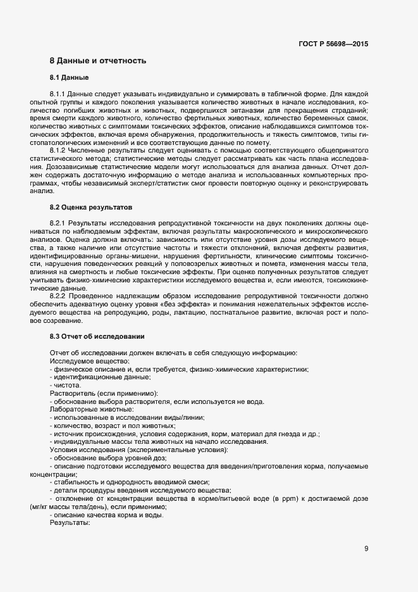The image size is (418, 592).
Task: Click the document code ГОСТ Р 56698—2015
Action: coord(333,44)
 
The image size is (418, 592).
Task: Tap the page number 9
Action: coord(366,548)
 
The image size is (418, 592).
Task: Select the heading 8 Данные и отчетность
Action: coord(98,61)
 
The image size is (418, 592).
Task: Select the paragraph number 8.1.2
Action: coord(58,151)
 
